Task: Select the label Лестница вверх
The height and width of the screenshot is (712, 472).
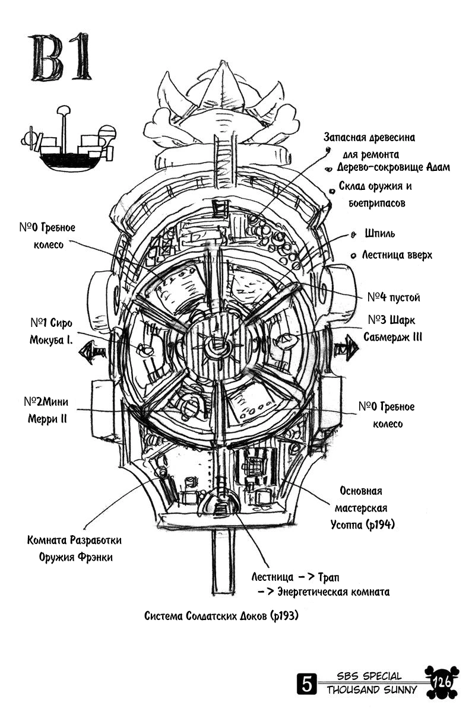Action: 397,255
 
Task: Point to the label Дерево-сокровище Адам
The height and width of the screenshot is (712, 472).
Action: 393,167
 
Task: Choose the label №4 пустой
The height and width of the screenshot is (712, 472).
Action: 393,297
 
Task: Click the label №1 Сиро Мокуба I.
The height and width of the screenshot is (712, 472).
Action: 51,332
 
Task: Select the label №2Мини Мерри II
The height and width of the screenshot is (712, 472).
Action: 48,410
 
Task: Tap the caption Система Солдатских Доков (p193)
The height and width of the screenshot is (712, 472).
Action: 220,616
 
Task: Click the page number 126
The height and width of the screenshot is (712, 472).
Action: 442,683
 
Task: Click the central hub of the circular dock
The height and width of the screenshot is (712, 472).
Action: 215,347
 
